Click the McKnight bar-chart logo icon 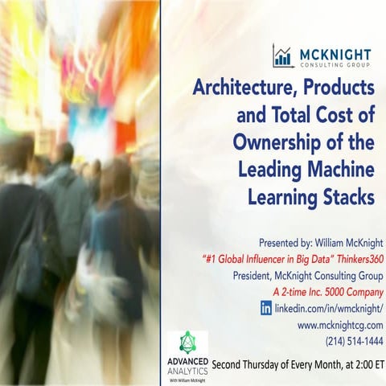coord(282,55)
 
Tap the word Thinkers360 coord(352,258)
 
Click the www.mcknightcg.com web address coord(340,325)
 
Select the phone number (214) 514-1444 coord(354,341)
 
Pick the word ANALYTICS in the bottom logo coord(189,370)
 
